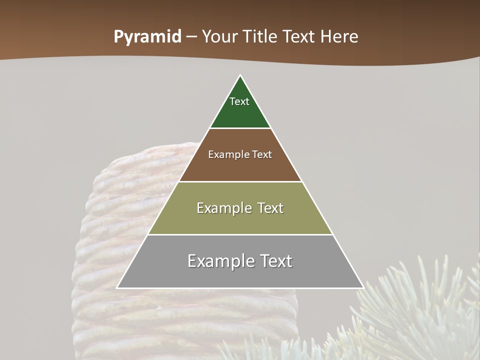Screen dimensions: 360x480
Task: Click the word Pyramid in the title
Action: point(147,37)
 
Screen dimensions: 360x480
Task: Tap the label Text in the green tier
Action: point(239,101)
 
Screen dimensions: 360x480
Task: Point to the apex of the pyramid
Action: point(240,76)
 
